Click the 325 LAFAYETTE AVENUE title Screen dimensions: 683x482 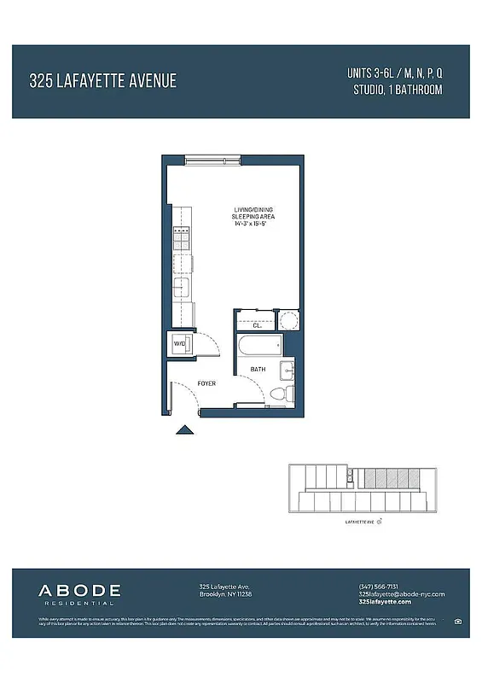tap(102, 81)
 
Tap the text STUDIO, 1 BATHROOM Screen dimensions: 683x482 tap(397, 90)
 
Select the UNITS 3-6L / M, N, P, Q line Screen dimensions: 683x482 tap(394, 73)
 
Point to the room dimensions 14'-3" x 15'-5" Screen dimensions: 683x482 tap(253, 224)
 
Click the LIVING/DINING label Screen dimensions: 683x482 tap(253, 210)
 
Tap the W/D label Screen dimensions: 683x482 tap(179, 343)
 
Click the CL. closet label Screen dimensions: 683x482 tap(256, 324)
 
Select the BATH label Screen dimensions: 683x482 tap(258, 370)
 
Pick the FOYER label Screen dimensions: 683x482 tap(206, 383)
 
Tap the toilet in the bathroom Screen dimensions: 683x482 tap(279, 394)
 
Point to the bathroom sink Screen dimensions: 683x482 tap(287, 371)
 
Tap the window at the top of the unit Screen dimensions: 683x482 tap(213, 159)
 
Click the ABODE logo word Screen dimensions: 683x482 tap(79, 589)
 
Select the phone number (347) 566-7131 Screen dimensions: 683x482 tap(378, 586)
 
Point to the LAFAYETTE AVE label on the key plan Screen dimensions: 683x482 tap(359, 519)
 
